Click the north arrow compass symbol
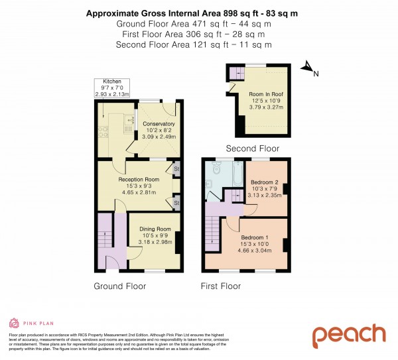[307, 66]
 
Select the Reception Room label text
[139, 180]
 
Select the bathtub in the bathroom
[235, 174]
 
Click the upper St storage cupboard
[177, 170]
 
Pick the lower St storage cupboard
[177, 202]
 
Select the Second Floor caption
[252, 149]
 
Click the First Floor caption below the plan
[221, 286]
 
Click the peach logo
[349, 335]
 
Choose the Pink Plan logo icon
[13, 323]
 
